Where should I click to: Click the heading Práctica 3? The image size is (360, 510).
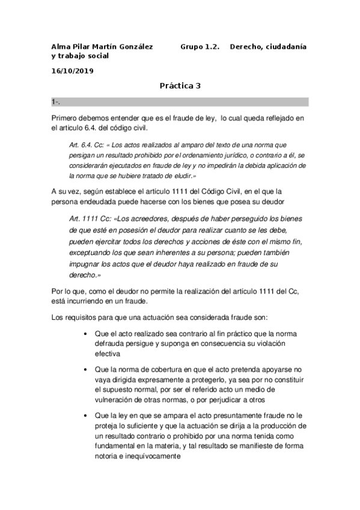coord(180,86)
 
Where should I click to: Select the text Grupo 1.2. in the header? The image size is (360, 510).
coord(200,46)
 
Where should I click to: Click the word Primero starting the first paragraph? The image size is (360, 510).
coord(69,118)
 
